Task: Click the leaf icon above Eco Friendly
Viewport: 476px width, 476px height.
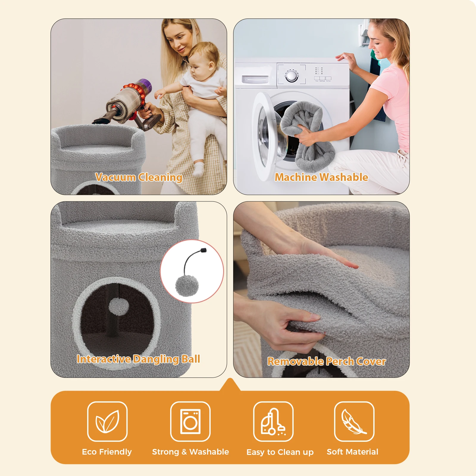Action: (x=107, y=422)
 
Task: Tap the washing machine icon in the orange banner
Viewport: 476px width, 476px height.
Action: (x=190, y=422)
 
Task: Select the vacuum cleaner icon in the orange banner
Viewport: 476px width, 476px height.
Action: (x=273, y=422)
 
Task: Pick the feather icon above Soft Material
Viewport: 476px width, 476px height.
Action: (x=353, y=422)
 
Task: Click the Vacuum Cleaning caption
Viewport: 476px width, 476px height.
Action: (x=139, y=177)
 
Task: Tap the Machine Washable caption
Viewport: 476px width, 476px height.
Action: (x=321, y=177)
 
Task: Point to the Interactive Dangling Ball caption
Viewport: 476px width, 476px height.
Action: (x=138, y=359)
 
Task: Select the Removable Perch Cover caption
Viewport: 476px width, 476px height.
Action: (x=326, y=361)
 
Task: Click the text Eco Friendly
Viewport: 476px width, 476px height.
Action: (x=107, y=452)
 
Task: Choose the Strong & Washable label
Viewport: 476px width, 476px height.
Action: (x=190, y=452)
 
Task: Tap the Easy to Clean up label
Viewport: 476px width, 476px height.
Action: (x=280, y=452)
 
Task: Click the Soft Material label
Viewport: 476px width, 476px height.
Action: (x=353, y=452)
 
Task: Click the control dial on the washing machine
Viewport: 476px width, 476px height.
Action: (x=292, y=75)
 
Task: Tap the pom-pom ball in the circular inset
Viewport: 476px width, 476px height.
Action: (x=187, y=286)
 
